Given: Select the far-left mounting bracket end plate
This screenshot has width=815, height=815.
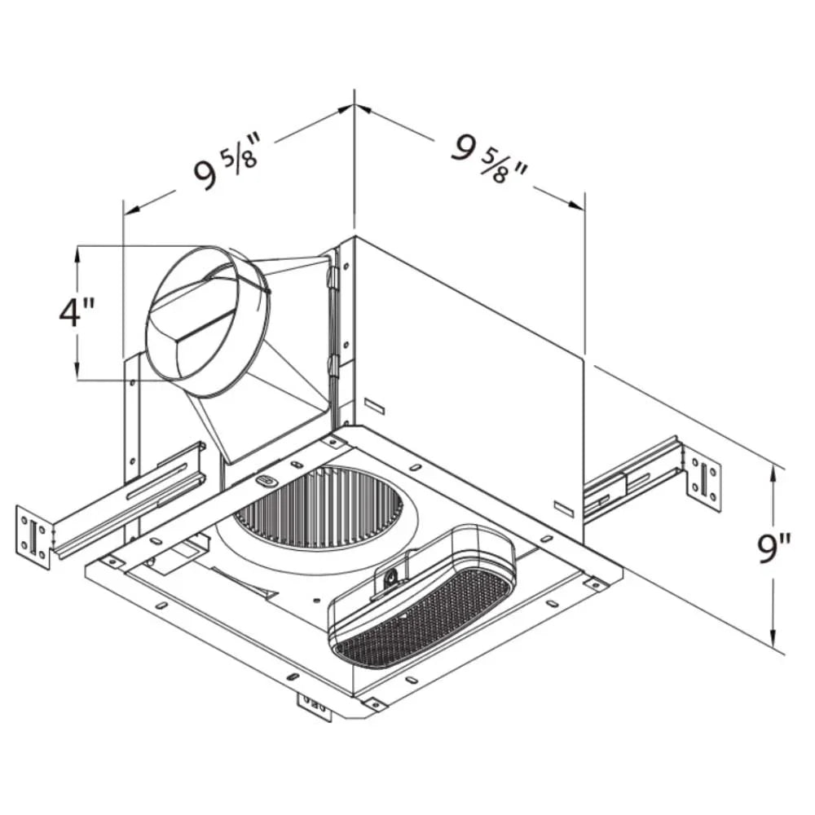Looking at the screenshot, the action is click(33, 537).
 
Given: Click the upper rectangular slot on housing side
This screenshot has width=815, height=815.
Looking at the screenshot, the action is click(374, 405).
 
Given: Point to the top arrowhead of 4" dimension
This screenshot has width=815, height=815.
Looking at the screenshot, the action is click(78, 253).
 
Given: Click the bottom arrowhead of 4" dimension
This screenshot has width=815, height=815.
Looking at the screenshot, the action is click(78, 372).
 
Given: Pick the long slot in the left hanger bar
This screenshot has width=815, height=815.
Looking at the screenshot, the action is click(155, 482).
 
